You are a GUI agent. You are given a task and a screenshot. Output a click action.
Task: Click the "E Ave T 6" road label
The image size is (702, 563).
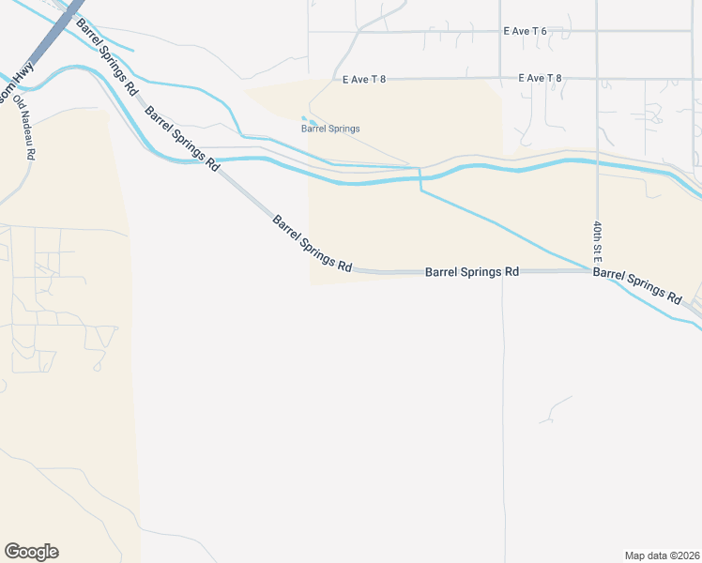coord(525,31)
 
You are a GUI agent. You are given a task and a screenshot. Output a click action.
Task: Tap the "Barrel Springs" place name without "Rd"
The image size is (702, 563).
coord(330,129)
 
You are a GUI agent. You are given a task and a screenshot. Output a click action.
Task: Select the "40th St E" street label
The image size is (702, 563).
coord(597,241)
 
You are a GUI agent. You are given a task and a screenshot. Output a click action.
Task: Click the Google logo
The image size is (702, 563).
coord(31,552)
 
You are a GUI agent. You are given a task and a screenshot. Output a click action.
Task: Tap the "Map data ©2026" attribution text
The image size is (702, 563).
coord(662,555)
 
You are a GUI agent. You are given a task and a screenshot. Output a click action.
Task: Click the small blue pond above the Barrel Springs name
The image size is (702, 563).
coord(309,120)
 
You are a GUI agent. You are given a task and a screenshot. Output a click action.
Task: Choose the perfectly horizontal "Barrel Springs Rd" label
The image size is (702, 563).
coord(472,271)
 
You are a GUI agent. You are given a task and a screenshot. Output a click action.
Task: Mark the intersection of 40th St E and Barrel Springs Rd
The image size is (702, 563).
coord(597,271)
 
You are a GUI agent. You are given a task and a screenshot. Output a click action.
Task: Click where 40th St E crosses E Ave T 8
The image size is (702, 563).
coord(597,78)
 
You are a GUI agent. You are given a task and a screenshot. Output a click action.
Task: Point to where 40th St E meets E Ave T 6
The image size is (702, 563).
coord(597,31)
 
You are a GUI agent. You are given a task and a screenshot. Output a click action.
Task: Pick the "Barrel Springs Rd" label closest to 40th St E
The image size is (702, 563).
coord(638,284)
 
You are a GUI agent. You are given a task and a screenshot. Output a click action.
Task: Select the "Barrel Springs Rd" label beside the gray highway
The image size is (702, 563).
coord(108,56)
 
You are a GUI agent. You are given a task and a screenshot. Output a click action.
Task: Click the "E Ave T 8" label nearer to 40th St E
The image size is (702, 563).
coord(540,78)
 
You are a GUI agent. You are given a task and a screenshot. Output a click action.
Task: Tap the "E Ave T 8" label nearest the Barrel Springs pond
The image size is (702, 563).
coord(365,79)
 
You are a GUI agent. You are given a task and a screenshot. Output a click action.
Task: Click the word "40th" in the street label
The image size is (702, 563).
coord(597,231)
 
